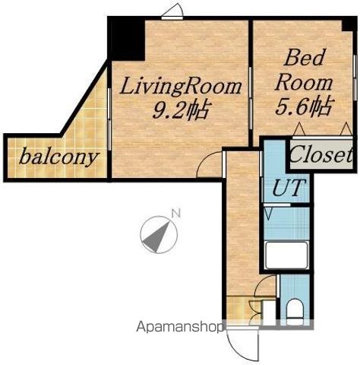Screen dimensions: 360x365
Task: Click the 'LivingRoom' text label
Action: tap(181, 87)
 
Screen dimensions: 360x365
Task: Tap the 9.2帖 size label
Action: tap(181, 110)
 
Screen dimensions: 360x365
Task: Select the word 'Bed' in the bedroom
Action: tap(304, 58)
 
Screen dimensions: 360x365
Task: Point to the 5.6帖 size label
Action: tap(304, 106)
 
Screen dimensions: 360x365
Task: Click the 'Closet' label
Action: tap(321, 154)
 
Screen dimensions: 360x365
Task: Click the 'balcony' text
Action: tap(58, 157)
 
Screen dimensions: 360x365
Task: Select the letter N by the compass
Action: tap(176, 214)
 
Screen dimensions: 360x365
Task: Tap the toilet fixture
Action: tap(295, 311)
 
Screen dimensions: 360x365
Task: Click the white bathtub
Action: tap(286, 255)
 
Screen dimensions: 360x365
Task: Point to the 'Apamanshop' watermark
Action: tap(180, 327)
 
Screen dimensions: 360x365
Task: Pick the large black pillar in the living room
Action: tap(126, 40)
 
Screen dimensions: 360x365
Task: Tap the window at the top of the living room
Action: tap(172, 17)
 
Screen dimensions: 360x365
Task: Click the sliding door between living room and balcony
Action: tap(109, 119)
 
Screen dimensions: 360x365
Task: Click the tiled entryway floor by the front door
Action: tap(238, 310)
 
